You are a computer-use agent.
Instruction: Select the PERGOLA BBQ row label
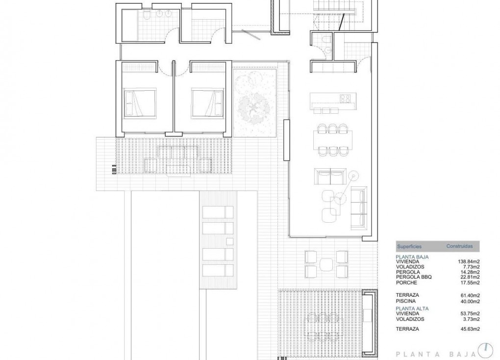[414, 277]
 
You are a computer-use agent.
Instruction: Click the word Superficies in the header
[409, 246]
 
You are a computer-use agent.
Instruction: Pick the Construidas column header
[459, 246]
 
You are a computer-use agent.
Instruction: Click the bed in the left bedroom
[140, 103]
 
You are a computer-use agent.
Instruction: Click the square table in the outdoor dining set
[326, 264]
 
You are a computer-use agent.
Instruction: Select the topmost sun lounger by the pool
[218, 212]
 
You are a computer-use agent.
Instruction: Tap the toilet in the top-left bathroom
[147, 18]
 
